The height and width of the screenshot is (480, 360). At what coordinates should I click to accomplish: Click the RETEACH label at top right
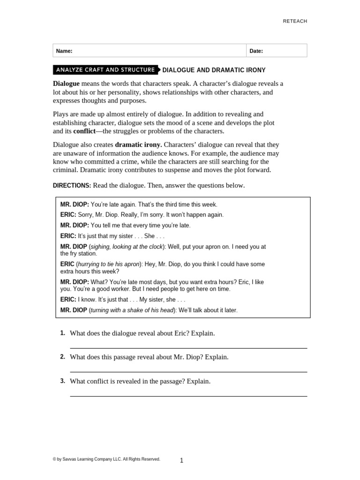coord(294,21)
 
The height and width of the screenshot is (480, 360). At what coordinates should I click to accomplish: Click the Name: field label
coord(64,51)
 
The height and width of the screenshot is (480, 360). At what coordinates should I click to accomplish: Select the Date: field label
coord(256,51)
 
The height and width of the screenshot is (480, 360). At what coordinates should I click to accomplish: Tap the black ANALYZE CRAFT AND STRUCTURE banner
coord(105,70)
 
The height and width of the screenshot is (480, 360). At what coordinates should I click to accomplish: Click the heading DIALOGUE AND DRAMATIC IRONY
coord(214,70)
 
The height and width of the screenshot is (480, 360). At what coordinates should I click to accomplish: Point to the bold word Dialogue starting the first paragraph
coord(67,83)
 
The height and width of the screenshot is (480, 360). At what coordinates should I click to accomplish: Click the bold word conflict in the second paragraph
coord(84,131)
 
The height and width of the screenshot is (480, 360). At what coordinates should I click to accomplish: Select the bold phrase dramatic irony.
coord(138,145)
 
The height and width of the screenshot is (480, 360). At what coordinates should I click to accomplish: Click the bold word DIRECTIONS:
coord(72,186)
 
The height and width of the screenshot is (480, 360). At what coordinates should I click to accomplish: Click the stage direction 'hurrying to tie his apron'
coord(108,264)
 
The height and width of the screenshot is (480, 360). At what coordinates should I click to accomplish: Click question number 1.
coord(62,333)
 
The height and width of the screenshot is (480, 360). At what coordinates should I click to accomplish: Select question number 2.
coord(62,357)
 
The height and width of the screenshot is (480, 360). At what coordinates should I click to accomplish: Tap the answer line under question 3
coord(188,396)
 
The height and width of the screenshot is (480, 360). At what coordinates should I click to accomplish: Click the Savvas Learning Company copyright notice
coord(106,459)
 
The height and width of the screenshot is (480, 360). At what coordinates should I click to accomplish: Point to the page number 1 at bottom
coord(181,461)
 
